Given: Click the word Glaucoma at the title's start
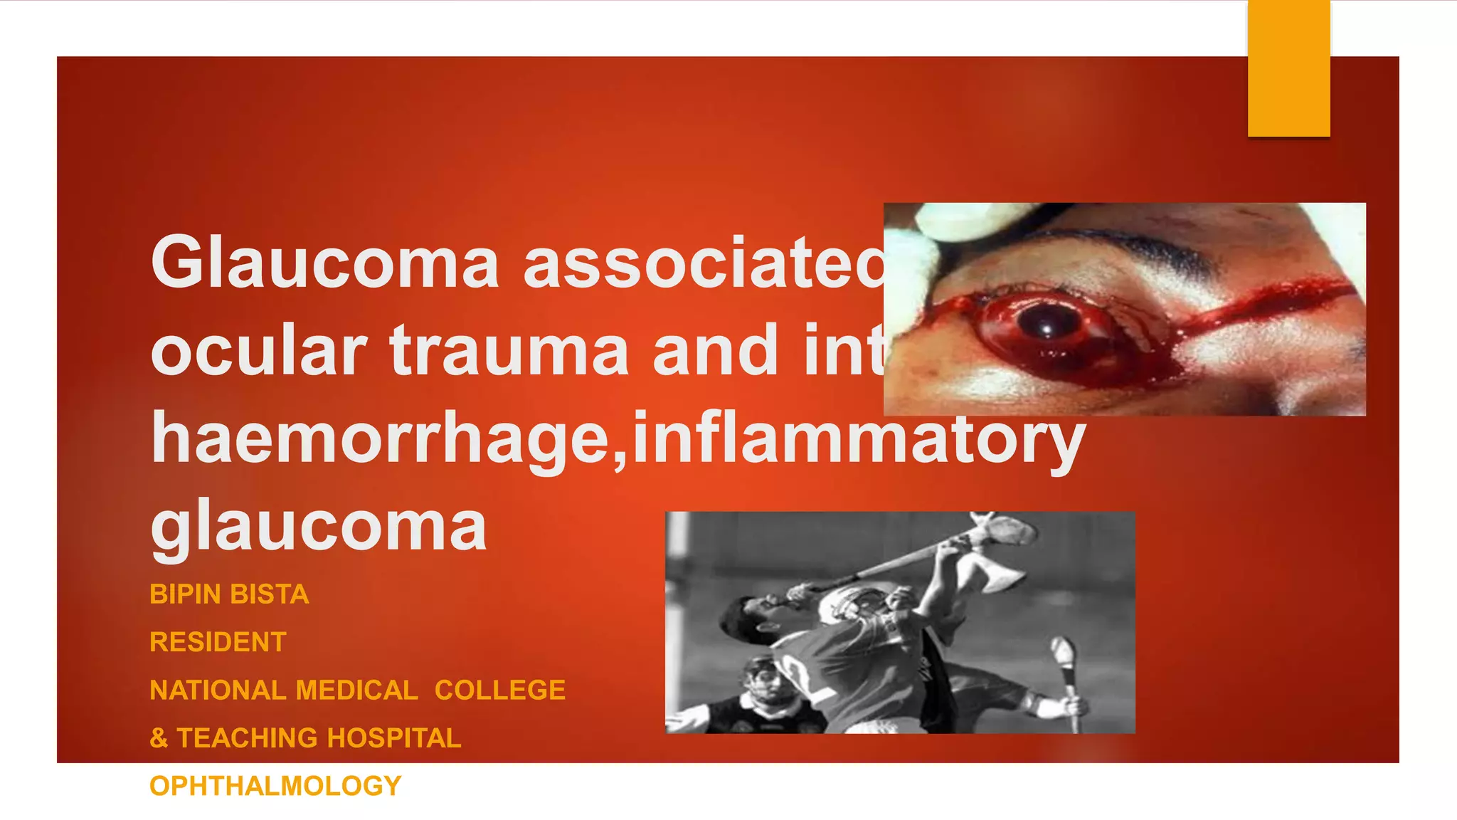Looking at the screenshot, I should (x=324, y=262).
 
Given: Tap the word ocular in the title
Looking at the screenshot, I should (x=258, y=350).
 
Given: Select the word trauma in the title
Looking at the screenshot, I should (x=509, y=350).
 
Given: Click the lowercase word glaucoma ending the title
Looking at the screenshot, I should (x=319, y=527).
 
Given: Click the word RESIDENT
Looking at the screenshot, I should (x=218, y=642).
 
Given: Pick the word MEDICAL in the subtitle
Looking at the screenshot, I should (x=356, y=690).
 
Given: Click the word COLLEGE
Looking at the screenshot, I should (x=500, y=690).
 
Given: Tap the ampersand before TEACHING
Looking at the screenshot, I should (x=159, y=738).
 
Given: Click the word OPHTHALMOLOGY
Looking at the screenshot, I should (x=275, y=786).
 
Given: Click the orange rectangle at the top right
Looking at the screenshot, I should (x=1288, y=68).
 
